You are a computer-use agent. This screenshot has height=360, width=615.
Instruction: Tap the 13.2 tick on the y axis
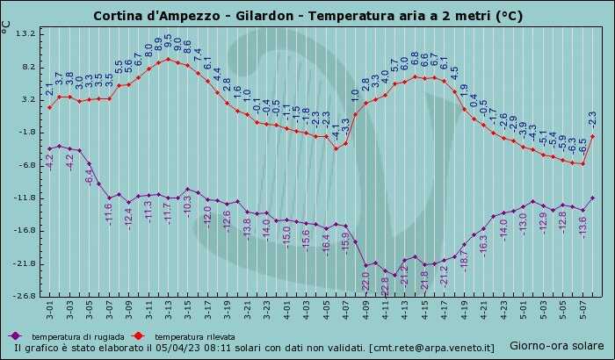(x=25, y=33)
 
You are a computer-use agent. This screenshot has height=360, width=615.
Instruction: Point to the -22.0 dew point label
(x=365, y=282)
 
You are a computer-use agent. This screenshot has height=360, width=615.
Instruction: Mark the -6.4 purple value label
(x=89, y=176)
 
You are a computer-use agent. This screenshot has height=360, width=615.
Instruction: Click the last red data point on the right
(x=593, y=136)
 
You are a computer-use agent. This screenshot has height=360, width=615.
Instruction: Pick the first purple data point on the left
(x=50, y=148)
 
